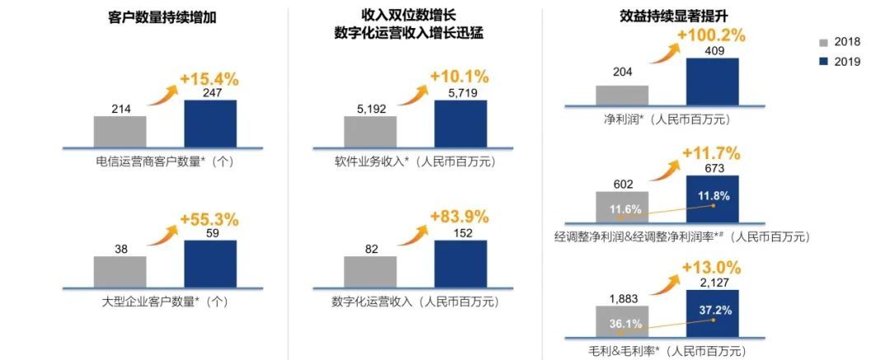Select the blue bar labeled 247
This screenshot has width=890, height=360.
point(210,124)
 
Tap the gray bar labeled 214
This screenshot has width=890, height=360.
point(120,131)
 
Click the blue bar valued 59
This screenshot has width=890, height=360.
point(210,263)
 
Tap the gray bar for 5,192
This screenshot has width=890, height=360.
point(370,131)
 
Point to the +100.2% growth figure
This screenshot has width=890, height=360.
point(710,35)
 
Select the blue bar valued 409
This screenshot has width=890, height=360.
point(712,82)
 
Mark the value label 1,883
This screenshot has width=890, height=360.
point(622,298)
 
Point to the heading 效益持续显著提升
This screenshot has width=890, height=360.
point(670,15)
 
